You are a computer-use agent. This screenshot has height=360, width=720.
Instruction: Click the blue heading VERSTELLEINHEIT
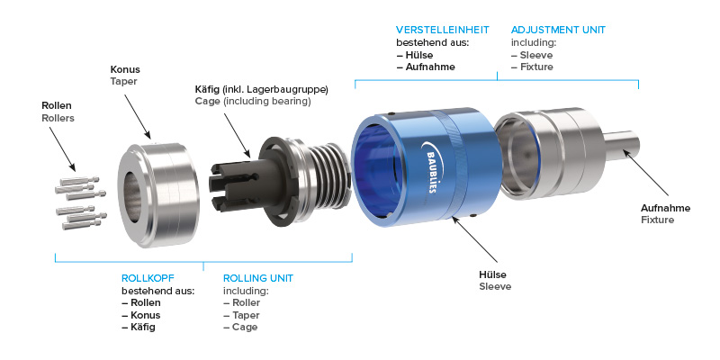click(x=443, y=31)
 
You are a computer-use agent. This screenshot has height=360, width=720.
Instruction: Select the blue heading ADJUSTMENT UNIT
click(x=558, y=31)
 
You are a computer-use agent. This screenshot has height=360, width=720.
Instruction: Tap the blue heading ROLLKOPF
click(x=148, y=278)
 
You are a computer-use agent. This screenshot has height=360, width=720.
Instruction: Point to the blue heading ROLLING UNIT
click(x=258, y=278)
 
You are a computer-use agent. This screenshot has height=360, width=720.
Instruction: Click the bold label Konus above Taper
click(x=125, y=70)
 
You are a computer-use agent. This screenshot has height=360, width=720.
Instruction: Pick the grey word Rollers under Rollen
click(x=58, y=118)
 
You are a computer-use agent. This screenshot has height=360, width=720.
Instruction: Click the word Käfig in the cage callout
click(x=207, y=89)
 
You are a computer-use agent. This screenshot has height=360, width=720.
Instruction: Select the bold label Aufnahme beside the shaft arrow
click(x=665, y=208)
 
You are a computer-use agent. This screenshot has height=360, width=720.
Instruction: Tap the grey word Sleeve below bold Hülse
click(x=495, y=286)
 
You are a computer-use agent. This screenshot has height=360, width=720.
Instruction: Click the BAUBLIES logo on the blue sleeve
click(x=429, y=167)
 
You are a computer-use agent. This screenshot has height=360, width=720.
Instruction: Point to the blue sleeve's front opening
click(x=373, y=171)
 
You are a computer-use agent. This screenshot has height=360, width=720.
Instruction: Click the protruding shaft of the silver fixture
click(x=622, y=146)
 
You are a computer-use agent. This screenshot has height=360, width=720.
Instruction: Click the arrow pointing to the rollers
click(x=62, y=148)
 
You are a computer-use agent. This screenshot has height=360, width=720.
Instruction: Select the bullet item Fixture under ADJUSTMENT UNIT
click(x=532, y=67)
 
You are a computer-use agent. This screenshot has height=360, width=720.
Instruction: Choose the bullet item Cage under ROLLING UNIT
click(x=240, y=327)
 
